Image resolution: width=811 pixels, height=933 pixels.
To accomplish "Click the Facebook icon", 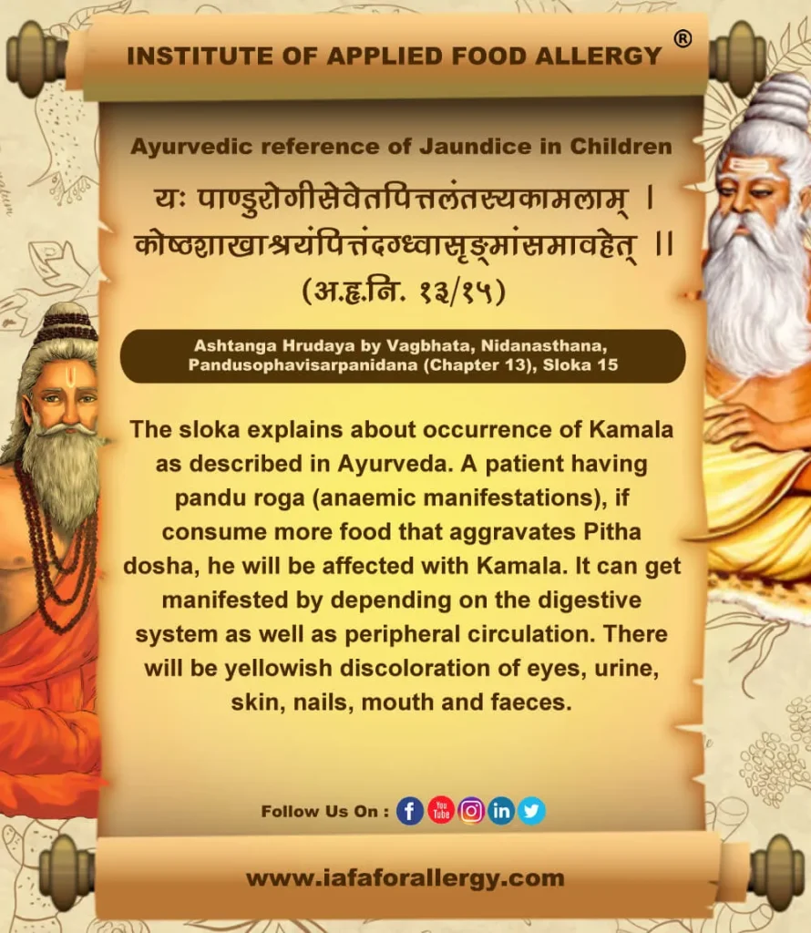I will [410, 810].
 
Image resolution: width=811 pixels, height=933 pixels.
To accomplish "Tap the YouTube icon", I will [441, 810].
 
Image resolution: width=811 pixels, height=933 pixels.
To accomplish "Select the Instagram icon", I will [471, 810].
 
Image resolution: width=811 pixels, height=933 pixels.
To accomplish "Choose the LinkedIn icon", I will [501, 810].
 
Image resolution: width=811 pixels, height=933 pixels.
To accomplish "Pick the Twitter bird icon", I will [531, 810].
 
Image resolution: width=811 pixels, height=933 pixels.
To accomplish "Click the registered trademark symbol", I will [683, 38].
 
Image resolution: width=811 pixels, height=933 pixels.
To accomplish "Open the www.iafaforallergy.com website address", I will [405, 878].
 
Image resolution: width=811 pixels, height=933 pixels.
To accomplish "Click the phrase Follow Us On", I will [324, 811].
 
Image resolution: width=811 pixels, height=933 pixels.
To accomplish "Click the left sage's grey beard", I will [59, 474].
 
